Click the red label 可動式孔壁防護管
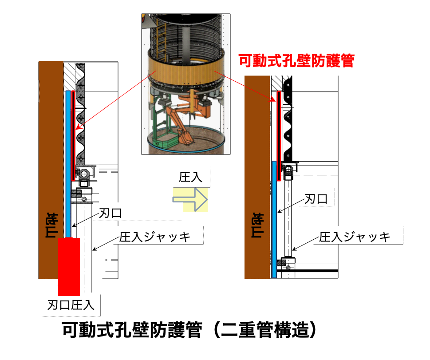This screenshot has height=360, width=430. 296,60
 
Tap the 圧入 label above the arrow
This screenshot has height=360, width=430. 190,178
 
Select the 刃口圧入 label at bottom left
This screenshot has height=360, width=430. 71,305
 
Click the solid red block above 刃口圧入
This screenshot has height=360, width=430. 69,265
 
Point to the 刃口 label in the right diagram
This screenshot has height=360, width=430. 316,199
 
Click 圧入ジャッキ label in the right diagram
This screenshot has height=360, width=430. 355,237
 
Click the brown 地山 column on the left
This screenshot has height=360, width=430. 51,169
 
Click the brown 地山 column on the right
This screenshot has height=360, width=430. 257,178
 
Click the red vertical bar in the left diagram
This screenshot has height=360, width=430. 72,133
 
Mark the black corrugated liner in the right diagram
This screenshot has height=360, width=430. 288,120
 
